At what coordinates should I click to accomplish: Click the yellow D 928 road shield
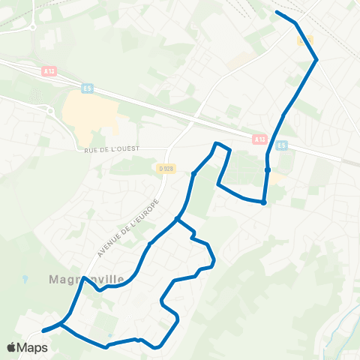point(165,168)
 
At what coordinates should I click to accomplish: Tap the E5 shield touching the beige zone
point(87,87)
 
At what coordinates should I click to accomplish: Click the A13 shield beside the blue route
point(259,139)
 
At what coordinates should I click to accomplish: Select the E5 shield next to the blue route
point(282,145)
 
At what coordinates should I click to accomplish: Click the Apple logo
point(13,348)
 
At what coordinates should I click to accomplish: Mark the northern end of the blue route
point(277,13)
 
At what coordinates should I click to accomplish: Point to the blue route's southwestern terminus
point(43,330)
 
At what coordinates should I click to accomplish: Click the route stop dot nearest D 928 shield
point(193,174)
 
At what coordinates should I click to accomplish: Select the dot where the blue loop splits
point(176,219)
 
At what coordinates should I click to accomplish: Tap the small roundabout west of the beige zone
point(50,110)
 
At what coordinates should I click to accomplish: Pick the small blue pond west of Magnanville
point(25,279)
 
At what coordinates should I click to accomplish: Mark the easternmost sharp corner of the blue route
point(316,59)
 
